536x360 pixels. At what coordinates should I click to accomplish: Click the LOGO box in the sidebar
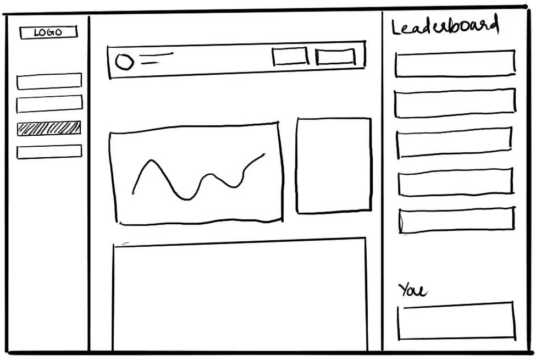pyautogui.click(x=48, y=32)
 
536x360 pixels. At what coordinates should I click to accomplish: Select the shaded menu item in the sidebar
pyautogui.click(x=49, y=128)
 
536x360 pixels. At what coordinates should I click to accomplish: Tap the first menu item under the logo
pyautogui.click(x=49, y=81)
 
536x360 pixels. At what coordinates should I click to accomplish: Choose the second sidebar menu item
pyautogui.click(x=49, y=104)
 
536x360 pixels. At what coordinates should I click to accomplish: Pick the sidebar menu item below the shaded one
pyautogui.click(x=49, y=152)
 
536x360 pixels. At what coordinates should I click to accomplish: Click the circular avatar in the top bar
pyautogui.click(x=124, y=62)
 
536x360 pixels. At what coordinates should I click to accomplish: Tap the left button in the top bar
pyautogui.click(x=290, y=57)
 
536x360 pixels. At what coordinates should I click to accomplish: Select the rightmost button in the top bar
pyautogui.click(x=335, y=57)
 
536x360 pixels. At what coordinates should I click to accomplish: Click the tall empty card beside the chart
pyautogui.click(x=334, y=165)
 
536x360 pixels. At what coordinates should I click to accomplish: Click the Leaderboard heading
pyautogui.click(x=445, y=26)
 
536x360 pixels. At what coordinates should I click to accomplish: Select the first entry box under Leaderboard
pyautogui.click(x=455, y=64)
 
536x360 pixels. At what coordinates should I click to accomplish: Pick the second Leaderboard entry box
pyautogui.click(x=455, y=103)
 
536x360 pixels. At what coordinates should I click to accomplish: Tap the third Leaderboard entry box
pyautogui.click(x=454, y=143)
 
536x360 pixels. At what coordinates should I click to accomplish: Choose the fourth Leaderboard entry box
pyautogui.click(x=455, y=182)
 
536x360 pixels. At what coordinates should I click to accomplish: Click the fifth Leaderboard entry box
pyautogui.click(x=456, y=220)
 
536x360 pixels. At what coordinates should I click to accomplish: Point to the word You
pyautogui.click(x=412, y=290)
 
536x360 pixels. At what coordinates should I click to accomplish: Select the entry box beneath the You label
pyautogui.click(x=456, y=321)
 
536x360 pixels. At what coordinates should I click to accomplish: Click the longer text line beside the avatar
pyautogui.click(x=156, y=54)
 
